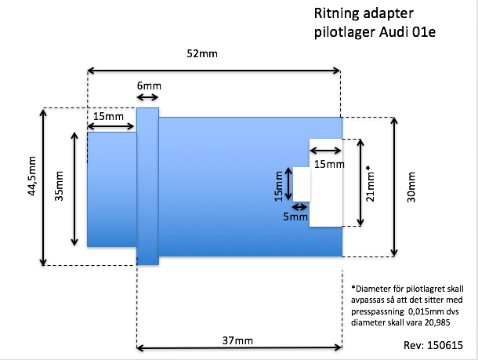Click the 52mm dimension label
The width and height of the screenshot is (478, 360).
coord(202,53)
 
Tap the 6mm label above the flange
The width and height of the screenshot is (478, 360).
coord(149,85)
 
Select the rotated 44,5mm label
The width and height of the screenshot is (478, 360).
coord(31,176)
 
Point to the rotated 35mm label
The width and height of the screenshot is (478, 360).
coord(59,186)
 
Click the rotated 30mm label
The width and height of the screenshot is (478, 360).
coord(411,187)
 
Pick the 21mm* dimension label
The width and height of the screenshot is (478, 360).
coord(370,184)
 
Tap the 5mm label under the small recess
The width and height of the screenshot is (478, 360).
coord(295,216)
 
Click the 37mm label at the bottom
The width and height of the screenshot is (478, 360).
coord(237,340)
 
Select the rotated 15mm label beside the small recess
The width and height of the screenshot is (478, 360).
coord(278,186)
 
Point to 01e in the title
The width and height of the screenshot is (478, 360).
coord(424,31)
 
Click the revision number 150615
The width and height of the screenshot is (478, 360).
coord(445,345)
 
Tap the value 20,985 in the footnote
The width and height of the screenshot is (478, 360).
coord(437,322)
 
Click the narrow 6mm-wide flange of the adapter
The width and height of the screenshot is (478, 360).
coord(148,186)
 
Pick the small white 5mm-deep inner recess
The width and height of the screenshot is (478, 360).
coord(302,184)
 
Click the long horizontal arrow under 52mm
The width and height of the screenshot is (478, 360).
coord(214,71)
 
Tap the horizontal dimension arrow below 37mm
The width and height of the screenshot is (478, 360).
coord(239,347)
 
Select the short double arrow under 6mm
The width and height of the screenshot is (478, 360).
coord(147,97)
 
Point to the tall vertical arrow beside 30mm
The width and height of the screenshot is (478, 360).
coord(394,187)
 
